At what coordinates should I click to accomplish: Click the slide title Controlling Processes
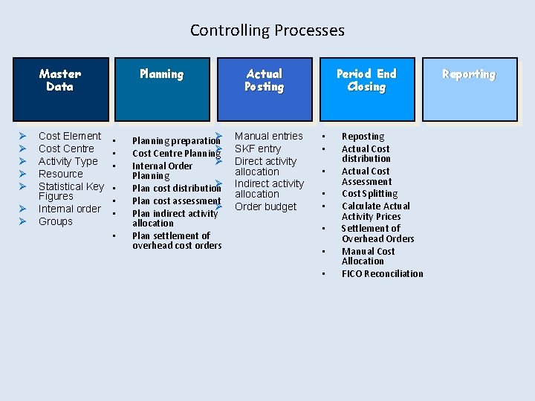click(267, 30)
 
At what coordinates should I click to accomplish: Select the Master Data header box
click(60, 88)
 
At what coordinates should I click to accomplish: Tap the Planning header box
click(161, 88)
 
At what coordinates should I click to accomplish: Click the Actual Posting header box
click(264, 88)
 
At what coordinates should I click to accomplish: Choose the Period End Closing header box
click(366, 88)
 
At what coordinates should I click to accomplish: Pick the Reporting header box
click(469, 88)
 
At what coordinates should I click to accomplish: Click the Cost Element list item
click(70, 136)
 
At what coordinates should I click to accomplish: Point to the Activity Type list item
click(68, 161)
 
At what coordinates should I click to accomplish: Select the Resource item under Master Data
click(61, 174)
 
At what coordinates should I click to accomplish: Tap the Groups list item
click(56, 221)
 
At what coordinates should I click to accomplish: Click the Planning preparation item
click(175, 141)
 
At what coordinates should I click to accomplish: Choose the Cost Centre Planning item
click(175, 154)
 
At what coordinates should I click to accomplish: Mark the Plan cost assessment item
click(176, 200)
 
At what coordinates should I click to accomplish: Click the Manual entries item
click(269, 136)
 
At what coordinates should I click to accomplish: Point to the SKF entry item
click(258, 149)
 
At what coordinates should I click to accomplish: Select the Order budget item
click(265, 206)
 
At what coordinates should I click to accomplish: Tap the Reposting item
click(363, 137)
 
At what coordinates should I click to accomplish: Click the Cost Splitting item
click(369, 194)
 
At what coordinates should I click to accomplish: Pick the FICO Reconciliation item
click(382, 274)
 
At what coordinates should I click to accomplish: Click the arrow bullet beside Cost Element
click(23, 137)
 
